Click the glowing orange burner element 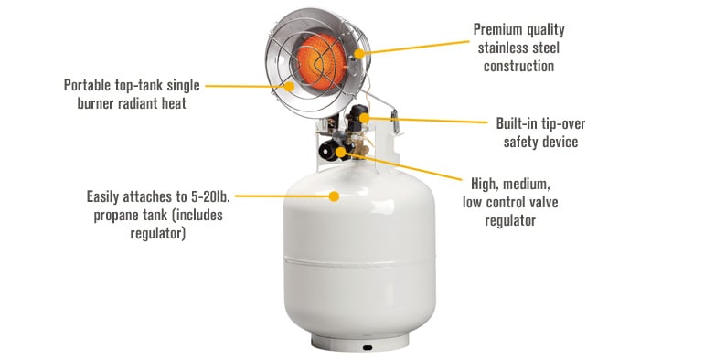322,60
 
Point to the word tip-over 563,124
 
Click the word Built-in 517,123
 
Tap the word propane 117,215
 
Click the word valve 541,202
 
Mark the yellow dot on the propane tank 335,196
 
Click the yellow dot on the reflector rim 359,54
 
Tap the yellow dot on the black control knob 341,152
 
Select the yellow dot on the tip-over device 363,119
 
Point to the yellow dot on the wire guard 290,86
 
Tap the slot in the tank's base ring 367,348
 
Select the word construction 518,67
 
